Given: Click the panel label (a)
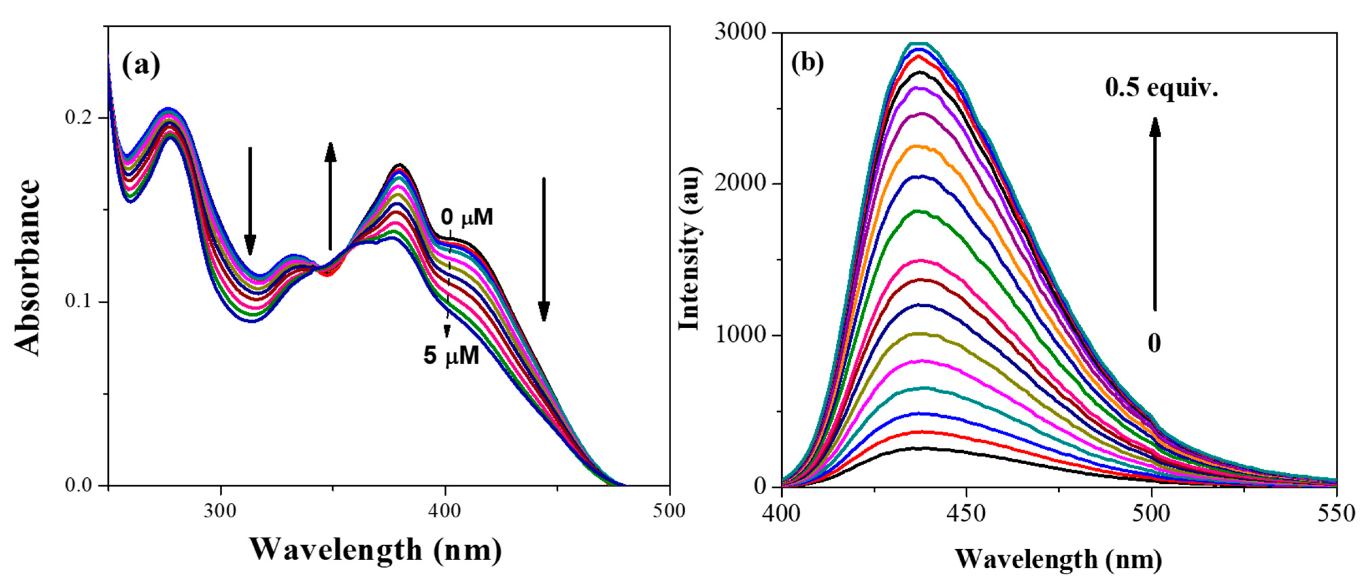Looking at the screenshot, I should click(141, 66).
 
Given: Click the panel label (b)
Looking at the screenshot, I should click(808, 63).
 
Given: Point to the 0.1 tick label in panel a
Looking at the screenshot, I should click(80, 302).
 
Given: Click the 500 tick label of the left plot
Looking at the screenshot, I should click(669, 511).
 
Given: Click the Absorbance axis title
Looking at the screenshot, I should click(28, 267).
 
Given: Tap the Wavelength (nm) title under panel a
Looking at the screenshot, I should click(376, 550).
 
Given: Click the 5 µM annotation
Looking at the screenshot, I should click(451, 356).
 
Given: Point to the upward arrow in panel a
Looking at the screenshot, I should click(330, 196).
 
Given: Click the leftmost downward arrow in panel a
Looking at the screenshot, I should click(250, 201).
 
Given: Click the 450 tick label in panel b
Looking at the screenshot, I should click(966, 514).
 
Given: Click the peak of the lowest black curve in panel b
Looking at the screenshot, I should click(921, 448).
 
